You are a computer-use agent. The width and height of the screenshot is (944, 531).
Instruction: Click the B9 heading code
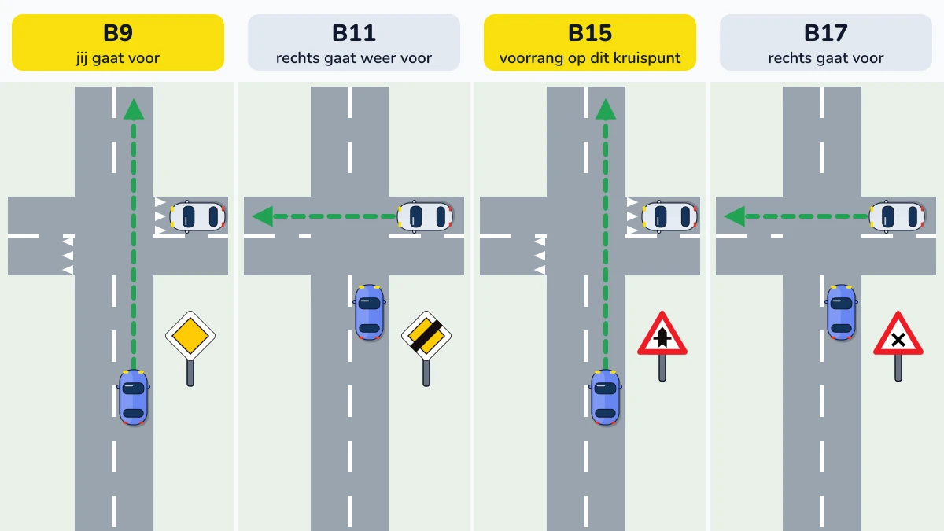[x=118, y=33]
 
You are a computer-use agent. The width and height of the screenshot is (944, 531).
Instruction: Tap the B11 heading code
[x=354, y=33]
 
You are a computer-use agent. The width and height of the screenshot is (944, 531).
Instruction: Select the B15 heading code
[x=590, y=33]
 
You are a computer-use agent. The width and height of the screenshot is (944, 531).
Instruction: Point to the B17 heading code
[x=825, y=33]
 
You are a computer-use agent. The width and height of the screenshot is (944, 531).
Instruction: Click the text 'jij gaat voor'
[x=118, y=57]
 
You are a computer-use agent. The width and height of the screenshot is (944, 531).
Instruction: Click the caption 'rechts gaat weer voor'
[x=354, y=57]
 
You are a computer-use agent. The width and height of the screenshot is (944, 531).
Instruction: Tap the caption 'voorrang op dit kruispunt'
[x=590, y=57]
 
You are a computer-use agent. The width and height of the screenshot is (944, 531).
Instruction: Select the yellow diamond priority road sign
[x=190, y=336]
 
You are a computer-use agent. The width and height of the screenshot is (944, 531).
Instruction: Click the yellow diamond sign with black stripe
[x=426, y=336]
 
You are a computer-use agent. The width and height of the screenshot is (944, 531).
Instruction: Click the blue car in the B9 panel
[x=134, y=397]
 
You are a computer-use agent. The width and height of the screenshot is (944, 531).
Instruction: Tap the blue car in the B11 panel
[x=370, y=312]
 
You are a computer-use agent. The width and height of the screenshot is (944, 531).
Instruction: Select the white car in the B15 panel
[x=669, y=216]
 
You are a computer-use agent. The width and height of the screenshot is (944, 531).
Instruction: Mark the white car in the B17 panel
[x=897, y=216]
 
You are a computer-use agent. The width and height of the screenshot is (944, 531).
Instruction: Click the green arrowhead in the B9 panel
[x=134, y=109]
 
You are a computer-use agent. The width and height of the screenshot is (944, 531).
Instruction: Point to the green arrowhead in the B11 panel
[x=263, y=216]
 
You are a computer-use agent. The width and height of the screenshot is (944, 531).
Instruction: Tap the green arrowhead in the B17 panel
[x=735, y=216]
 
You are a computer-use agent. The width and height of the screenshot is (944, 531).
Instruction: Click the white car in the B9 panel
[x=197, y=216]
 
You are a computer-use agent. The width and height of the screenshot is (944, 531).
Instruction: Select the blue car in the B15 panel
[x=606, y=397]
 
